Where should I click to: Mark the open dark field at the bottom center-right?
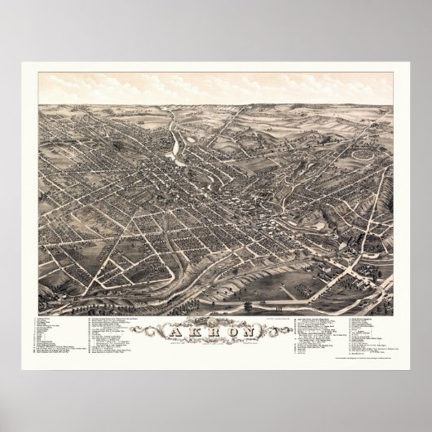pyautogui.click(x=277, y=285)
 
